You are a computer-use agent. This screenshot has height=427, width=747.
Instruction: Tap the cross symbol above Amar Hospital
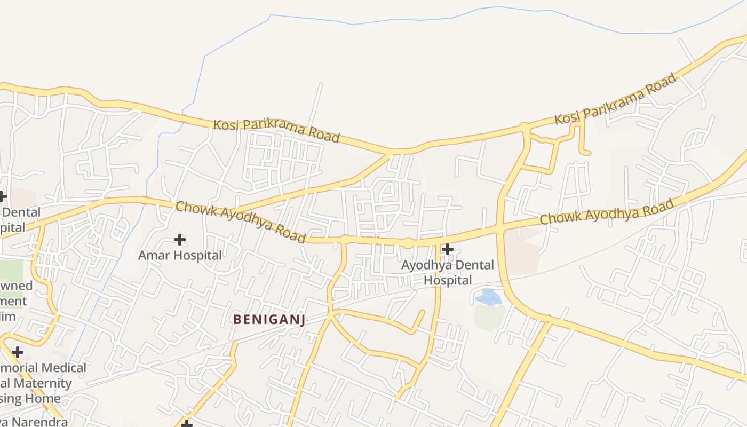(180, 240)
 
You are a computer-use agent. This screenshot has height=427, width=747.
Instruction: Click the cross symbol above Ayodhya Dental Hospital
(448, 249)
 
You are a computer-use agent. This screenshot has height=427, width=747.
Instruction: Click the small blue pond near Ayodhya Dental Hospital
(488, 297)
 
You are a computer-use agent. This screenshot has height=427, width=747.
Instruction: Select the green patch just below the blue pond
(489, 317)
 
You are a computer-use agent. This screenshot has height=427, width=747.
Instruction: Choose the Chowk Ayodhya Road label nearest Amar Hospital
(241, 222)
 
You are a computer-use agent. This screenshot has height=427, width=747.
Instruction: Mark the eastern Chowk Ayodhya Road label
(607, 211)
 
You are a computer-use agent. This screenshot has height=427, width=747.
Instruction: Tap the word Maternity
(42, 383)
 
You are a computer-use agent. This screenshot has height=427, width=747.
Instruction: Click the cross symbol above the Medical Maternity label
(18, 352)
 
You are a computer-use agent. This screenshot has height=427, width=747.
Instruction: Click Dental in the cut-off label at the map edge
(21, 212)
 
